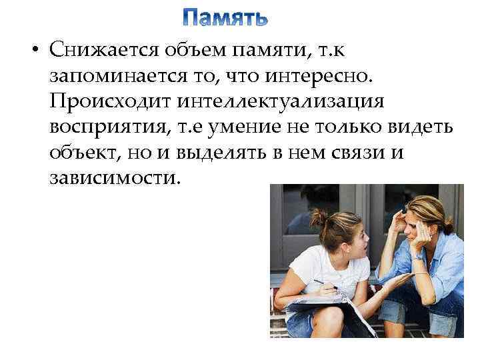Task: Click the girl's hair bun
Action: point(319,217)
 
